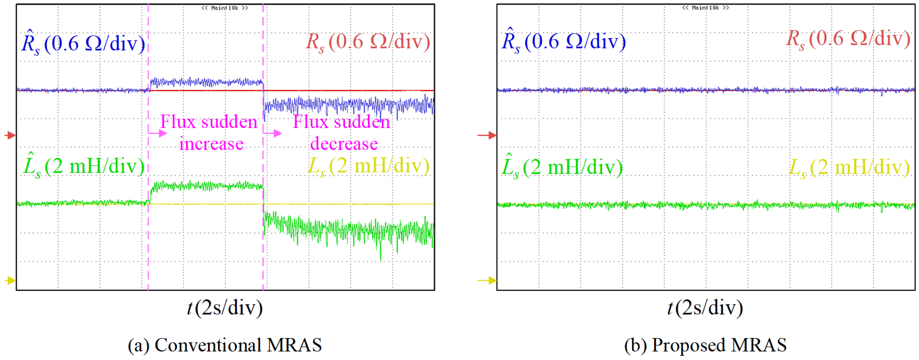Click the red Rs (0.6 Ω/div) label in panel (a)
point(368,42)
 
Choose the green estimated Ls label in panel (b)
point(562,167)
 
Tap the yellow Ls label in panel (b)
point(849,167)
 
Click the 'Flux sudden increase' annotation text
point(209,133)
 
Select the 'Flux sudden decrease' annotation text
point(342,133)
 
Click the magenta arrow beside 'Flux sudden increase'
point(158,133)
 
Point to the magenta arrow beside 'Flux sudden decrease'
point(273,133)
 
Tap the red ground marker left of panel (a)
point(10,135)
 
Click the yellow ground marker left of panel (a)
point(10,281)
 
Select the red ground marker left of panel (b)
point(487,135)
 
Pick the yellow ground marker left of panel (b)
point(487,281)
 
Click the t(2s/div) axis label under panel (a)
point(225,308)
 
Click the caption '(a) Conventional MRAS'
point(225,345)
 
